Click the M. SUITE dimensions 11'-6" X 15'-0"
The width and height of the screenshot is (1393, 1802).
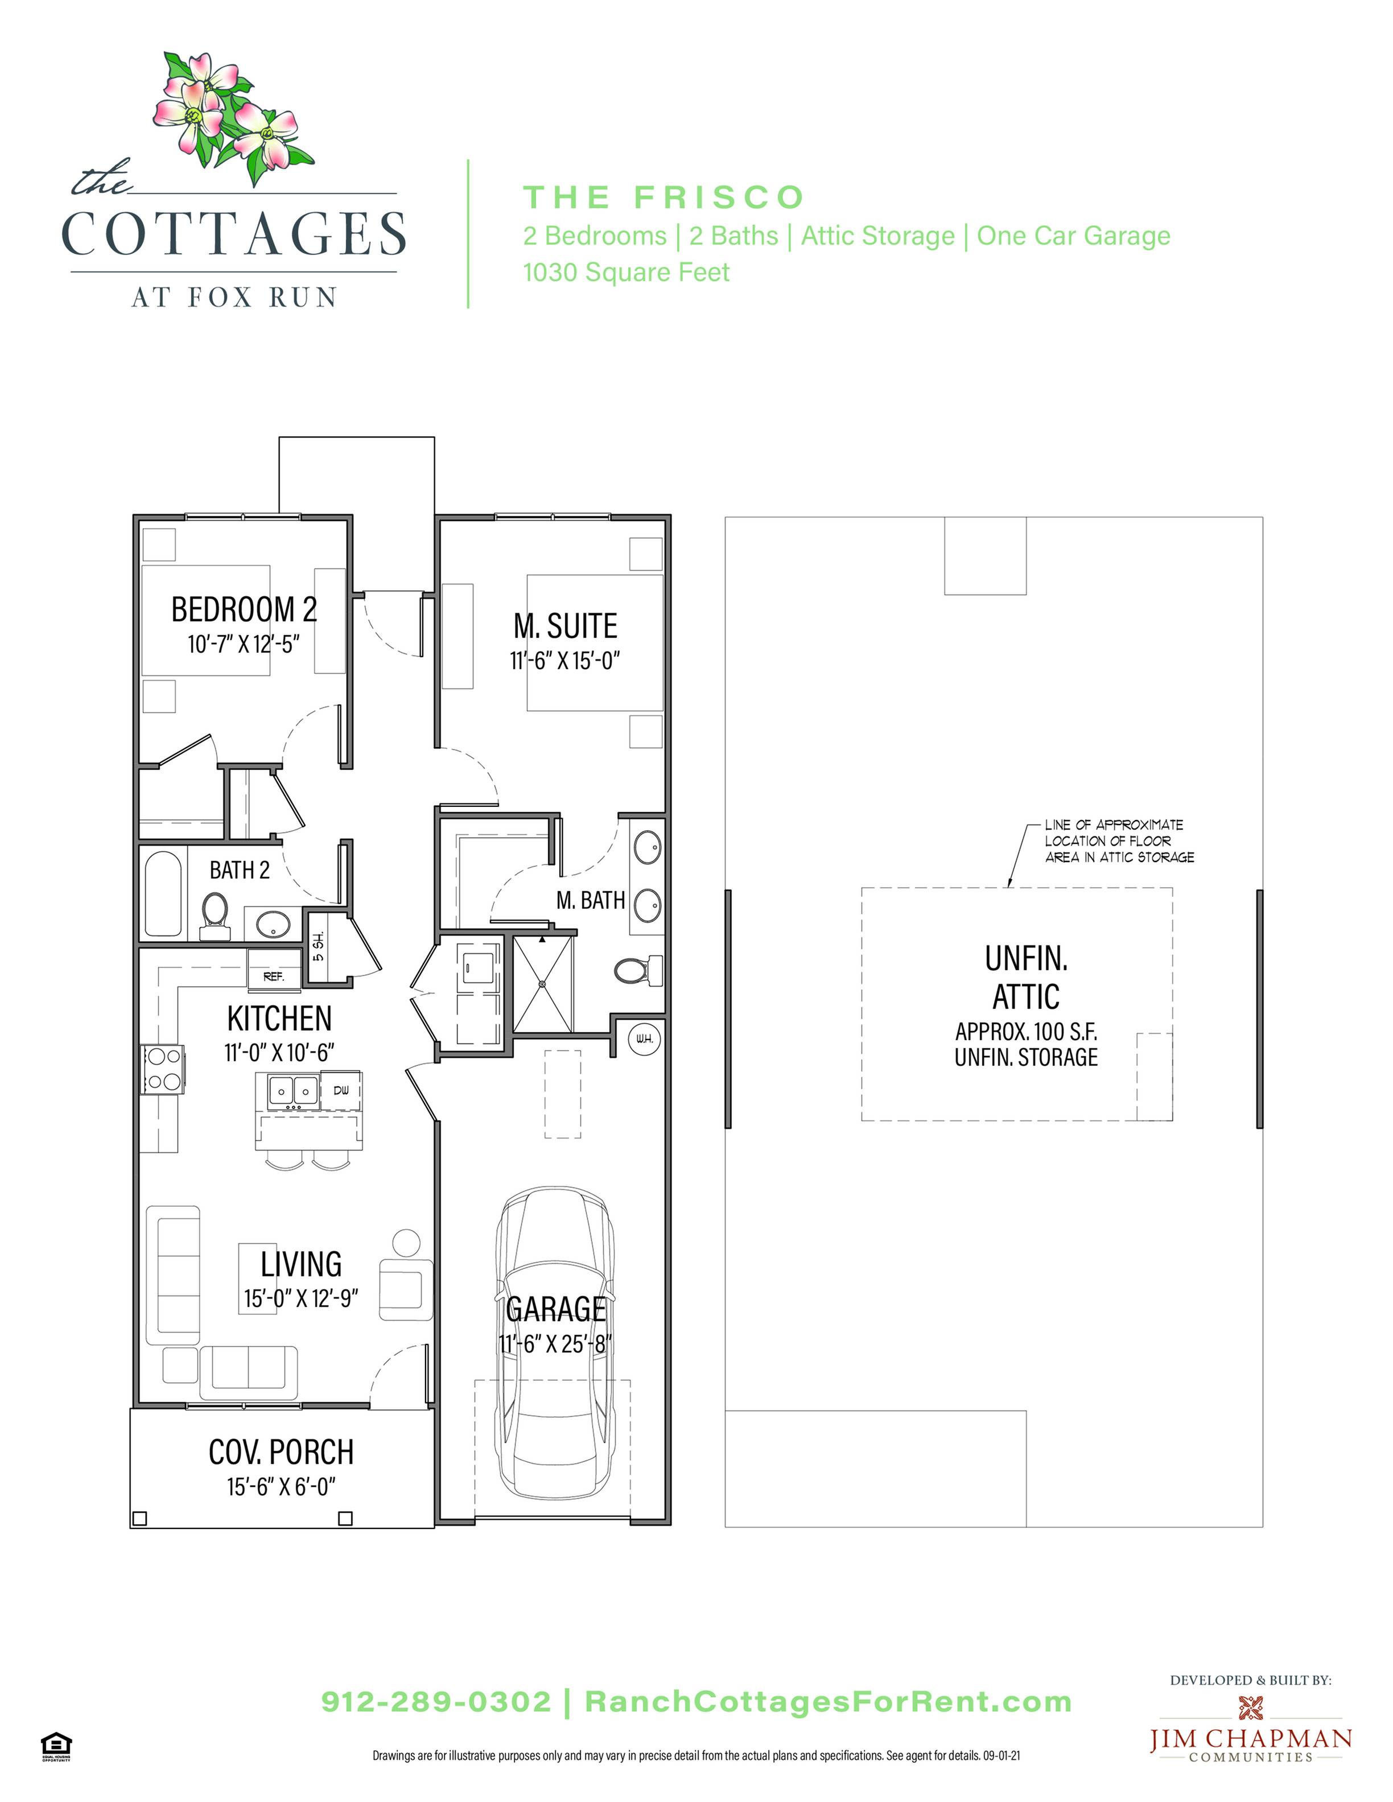tap(564, 661)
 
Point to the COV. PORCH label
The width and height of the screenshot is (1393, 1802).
tap(281, 1452)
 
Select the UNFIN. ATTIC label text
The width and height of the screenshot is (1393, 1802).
tap(1026, 978)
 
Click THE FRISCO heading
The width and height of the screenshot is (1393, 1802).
tap(663, 197)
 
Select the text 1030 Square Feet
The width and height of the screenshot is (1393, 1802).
tap(627, 273)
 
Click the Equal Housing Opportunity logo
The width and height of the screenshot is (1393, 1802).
tap(56, 1747)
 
